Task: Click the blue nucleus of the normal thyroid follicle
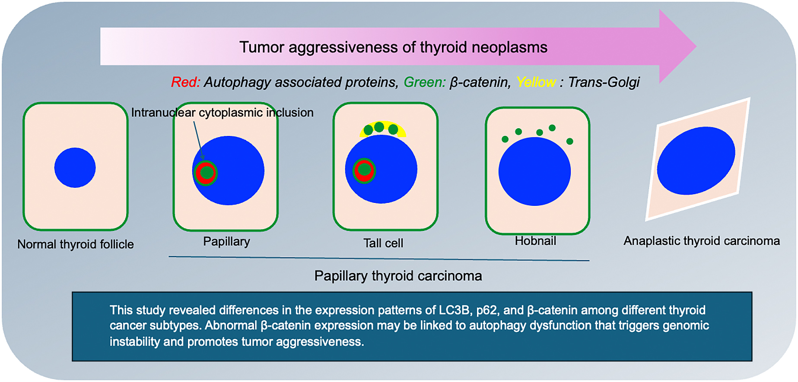(75, 167)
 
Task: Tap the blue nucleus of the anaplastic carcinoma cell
(696, 161)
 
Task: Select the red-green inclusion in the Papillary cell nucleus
(205, 173)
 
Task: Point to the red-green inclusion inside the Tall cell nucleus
(364, 170)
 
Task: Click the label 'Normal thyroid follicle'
(76, 244)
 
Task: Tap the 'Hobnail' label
(535, 241)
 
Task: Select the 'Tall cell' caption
(383, 243)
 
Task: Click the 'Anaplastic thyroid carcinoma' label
(702, 241)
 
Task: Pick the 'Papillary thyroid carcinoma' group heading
(398, 276)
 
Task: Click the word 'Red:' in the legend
(186, 82)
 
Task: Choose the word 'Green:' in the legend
(425, 82)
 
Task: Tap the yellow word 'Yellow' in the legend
(536, 82)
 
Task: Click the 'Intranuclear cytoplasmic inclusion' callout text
(223, 113)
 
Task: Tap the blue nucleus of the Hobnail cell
(534, 171)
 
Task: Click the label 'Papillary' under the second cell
(226, 241)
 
